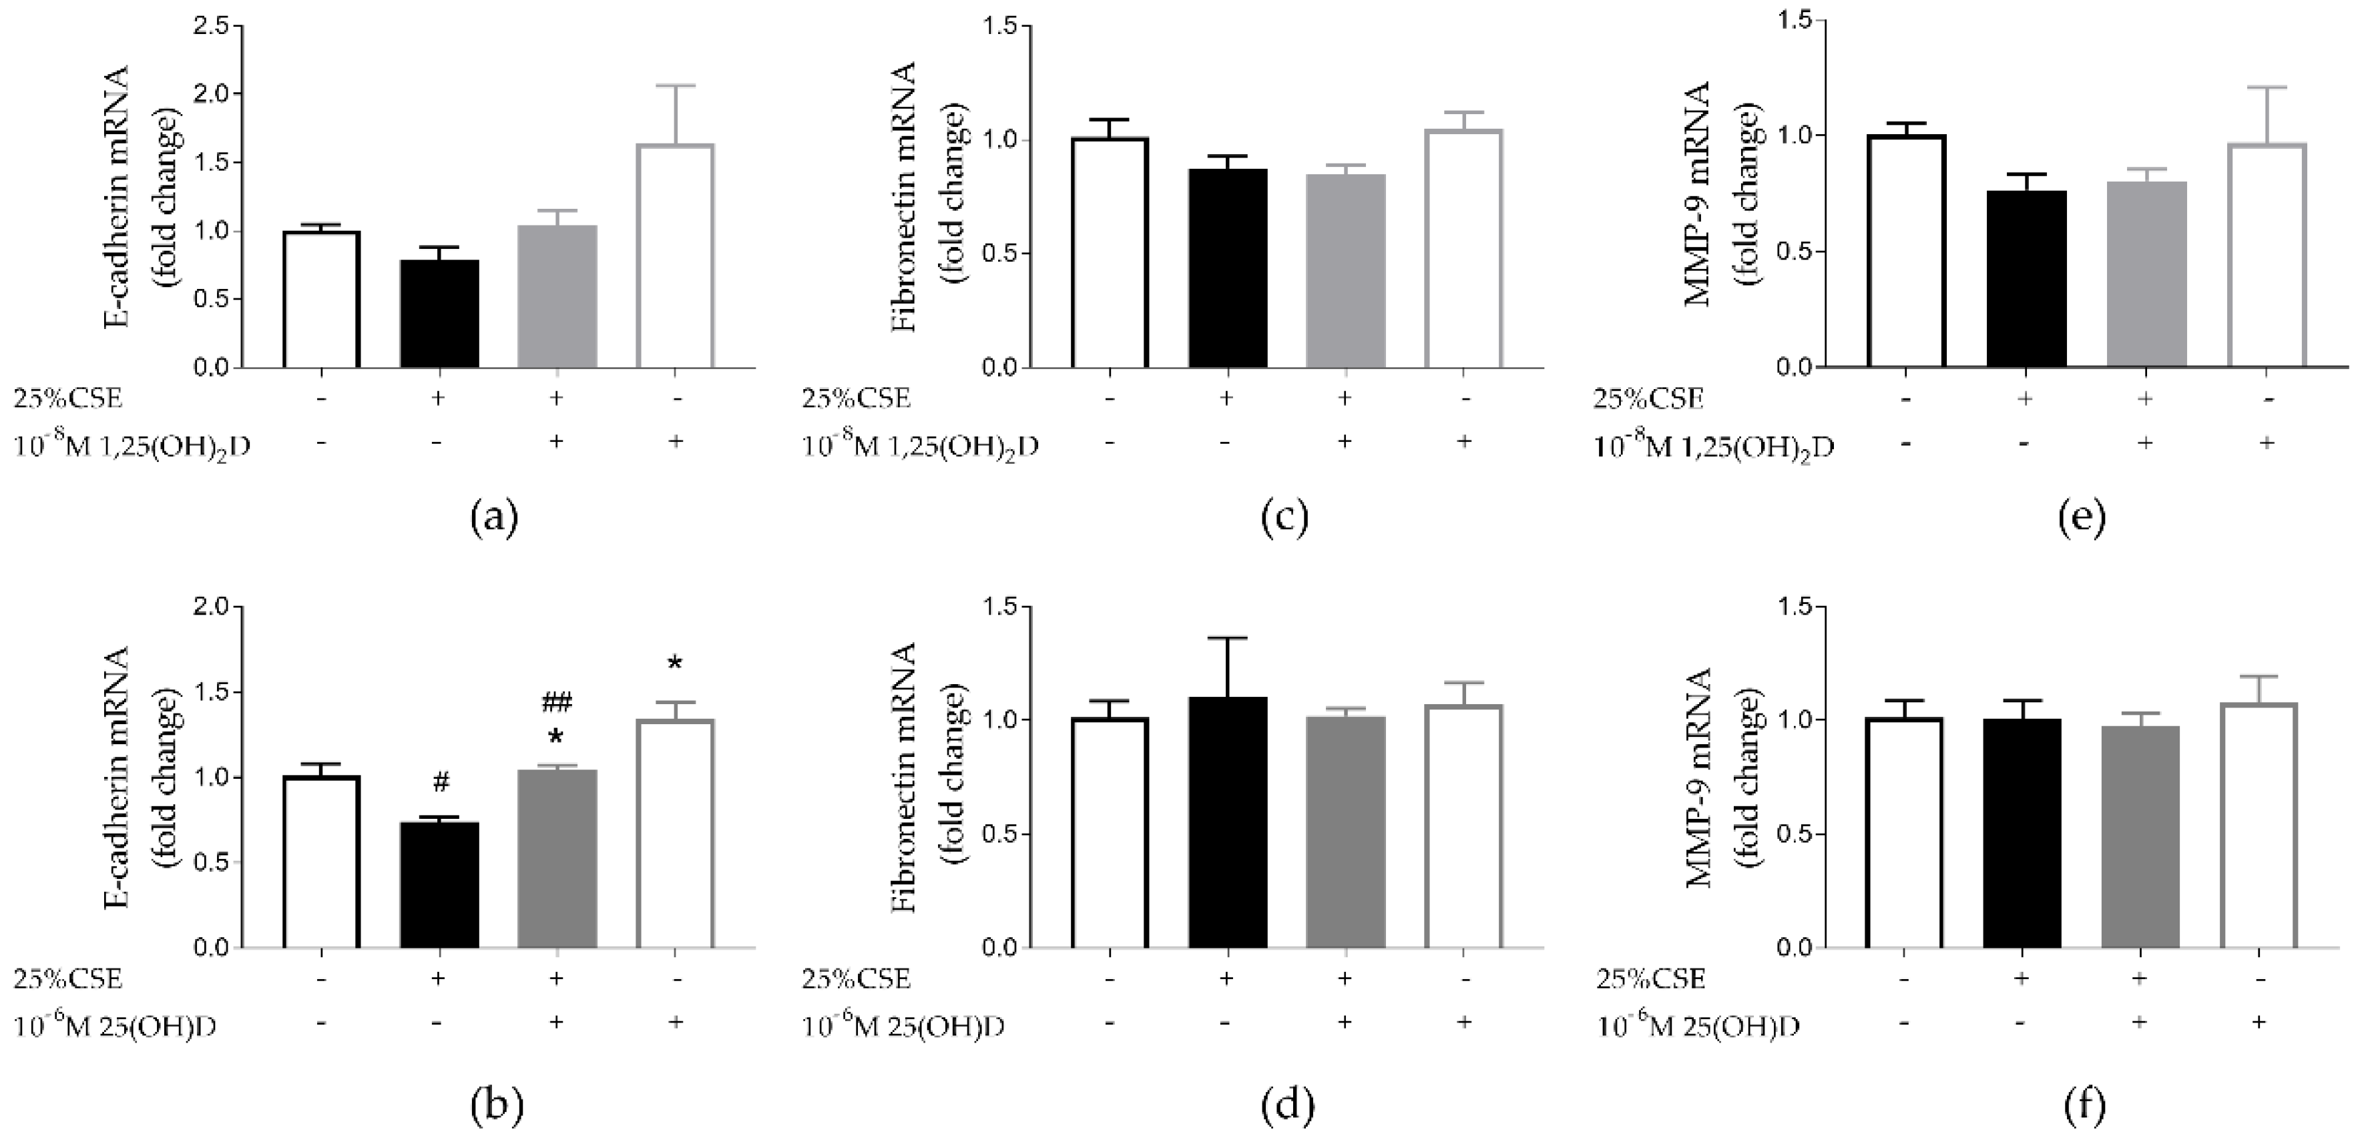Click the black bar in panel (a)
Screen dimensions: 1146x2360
tap(439, 314)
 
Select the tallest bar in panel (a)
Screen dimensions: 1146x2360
tap(674, 256)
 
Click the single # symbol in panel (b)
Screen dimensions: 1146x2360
tap(441, 782)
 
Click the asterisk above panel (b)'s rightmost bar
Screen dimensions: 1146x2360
tap(675, 664)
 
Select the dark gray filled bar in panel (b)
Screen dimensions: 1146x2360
tap(557, 858)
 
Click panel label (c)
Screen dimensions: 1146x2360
tap(1284, 517)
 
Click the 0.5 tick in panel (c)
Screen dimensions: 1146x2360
tap(1001, 254)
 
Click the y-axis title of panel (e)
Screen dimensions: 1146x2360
tap(1722, 197)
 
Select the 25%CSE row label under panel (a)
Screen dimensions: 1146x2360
tap(67, 398)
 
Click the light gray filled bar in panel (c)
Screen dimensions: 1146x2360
tap(1345, 271)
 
